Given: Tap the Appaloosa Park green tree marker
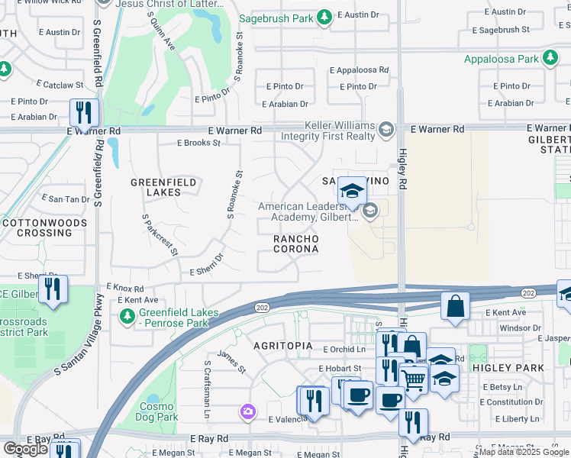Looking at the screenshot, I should (550, 59).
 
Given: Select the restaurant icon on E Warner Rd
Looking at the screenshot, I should (83, 112).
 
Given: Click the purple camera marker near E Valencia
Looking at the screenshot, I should (247, 412).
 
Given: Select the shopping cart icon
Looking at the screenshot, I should (413, 378).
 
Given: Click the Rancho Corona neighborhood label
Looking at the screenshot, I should (295, 244).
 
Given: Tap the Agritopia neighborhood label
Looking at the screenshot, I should (283, 346).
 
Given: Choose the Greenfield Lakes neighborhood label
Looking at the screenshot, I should (163, 187).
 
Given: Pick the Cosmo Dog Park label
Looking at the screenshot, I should (158, 412).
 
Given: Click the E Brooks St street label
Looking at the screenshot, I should (198, 143).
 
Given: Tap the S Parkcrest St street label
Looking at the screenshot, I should (160, 235).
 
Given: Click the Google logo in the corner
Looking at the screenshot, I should (25, 448).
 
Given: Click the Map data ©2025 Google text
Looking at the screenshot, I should (524, 452).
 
